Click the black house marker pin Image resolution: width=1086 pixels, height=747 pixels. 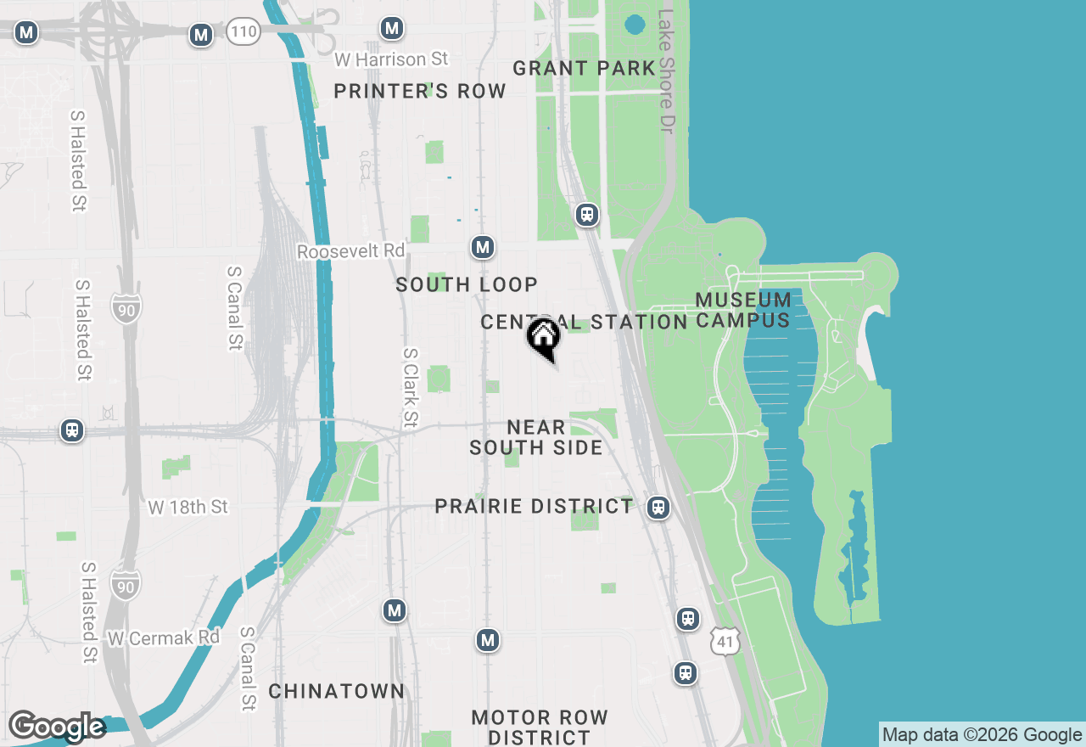543,337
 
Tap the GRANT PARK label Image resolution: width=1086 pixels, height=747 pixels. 584,68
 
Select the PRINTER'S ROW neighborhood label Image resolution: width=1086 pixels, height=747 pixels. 419,91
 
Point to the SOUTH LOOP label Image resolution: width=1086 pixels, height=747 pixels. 467,285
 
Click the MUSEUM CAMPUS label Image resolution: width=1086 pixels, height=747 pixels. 743,310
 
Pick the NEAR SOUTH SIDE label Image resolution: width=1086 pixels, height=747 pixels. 536,437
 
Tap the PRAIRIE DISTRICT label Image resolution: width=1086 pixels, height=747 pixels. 534,507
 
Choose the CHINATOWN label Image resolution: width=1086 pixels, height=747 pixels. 337,691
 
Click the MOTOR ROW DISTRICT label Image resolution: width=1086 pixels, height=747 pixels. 540,727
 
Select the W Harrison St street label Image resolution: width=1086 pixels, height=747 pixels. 391,59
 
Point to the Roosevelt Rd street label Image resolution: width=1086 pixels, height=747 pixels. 351,252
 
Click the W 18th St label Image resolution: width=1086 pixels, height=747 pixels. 188,507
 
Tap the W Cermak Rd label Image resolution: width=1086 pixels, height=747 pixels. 164,637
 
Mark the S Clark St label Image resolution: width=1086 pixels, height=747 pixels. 411,387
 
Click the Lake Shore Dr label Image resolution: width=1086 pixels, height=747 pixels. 666,70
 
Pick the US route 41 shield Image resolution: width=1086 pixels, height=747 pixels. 725,641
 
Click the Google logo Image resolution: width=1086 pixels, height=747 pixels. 57,727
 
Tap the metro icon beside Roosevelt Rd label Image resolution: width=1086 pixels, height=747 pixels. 483,247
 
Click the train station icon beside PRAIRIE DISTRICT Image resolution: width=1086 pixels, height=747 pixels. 658,508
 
